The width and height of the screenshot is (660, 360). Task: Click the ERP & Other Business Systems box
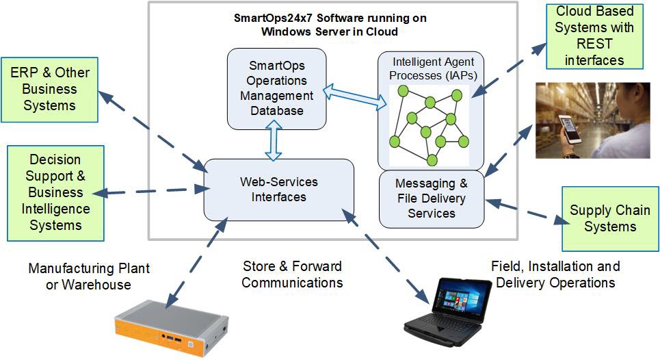point(49,89)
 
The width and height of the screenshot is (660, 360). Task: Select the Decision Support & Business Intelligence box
point(55,193)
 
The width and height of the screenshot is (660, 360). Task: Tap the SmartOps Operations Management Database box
point(276,88)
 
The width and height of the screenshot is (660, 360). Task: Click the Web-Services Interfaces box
point(279,190)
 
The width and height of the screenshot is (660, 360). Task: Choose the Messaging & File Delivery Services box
point(432,198)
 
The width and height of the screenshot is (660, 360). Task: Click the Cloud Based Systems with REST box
point(594,36)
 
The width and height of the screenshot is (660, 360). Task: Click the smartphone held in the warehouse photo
point(570,129)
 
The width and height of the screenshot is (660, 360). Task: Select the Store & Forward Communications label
point(292,274)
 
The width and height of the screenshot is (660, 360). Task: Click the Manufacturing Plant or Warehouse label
point(89,276)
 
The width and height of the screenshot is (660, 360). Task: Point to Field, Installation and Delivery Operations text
point(555,274)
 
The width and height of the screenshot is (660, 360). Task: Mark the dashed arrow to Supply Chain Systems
point(523,211)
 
